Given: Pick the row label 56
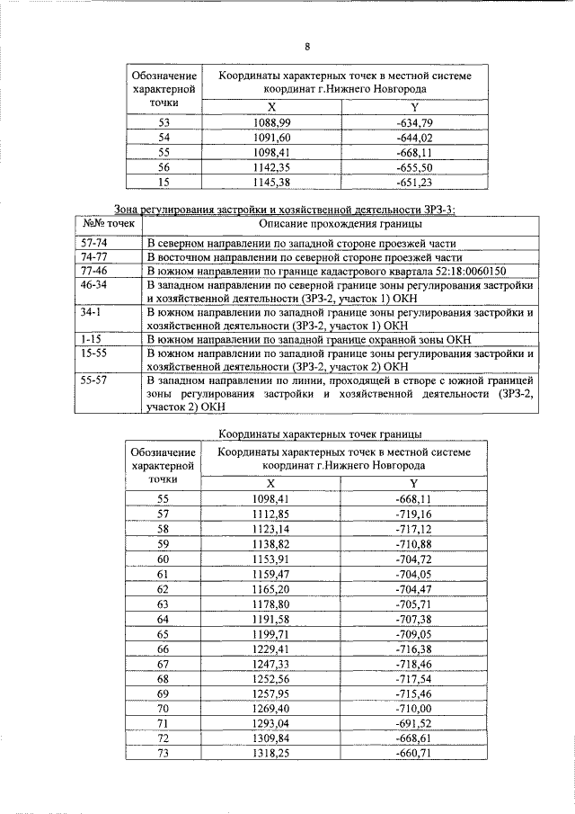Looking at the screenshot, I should (x=163, y=167).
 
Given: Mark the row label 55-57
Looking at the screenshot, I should (x=94, y=380).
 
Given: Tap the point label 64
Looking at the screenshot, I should (x=163, y=619).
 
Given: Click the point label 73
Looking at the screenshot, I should (x=163, y=753).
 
